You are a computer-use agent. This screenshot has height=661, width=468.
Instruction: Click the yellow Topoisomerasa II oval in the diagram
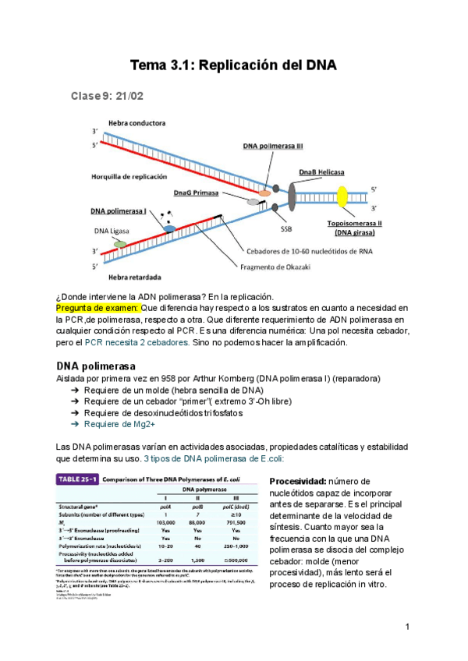click(x=341, y=197)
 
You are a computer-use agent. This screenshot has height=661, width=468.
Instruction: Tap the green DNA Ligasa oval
click(x=119, y=244)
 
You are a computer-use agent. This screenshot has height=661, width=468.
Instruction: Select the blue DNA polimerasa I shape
click(x=169, y=228)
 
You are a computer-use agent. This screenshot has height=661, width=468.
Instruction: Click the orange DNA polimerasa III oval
click(x=265, y=191)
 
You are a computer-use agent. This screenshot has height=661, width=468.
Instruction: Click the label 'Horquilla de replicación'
click(x=129, y=176)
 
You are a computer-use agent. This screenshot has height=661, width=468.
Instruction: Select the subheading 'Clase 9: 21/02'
click(x=107, y=96)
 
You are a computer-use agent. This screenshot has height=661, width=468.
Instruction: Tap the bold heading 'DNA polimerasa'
click(x=96, y=366)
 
